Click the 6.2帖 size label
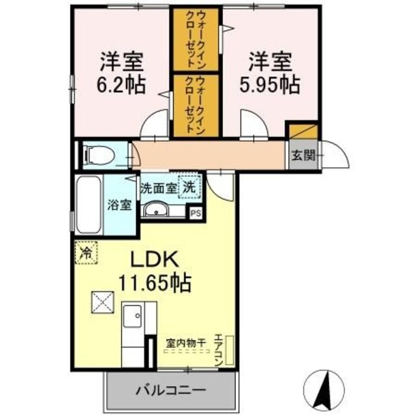pos(122,84)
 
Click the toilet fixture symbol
pos(97,155)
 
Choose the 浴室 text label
pos(121,205)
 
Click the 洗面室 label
pos(159,187)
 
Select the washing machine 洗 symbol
pos(189,186)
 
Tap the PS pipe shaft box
pos(195,211)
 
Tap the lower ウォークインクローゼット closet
pos(198,104)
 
